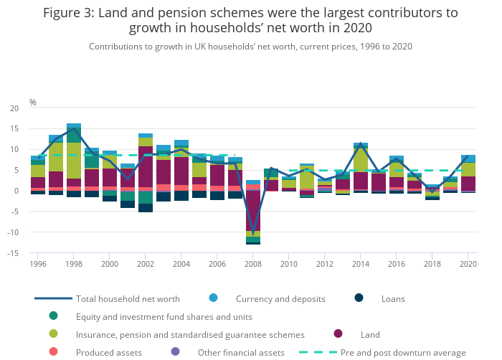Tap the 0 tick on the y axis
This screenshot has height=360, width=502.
pyautogui.click(x=16, y=191)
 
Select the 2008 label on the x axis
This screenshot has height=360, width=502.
pyautogui.click(x=252, y=264)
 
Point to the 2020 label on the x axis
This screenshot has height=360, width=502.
pyautogui.click(x=468, y=264)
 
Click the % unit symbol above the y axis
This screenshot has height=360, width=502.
pyautogui.click(x=33, y=103)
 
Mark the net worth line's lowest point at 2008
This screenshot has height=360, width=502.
pyautogui.click(x=253, y=233)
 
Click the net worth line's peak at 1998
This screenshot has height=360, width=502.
pyautogui.click(x=74, y=129)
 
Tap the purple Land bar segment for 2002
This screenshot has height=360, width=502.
pyautogui.click(x=146, y=166)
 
